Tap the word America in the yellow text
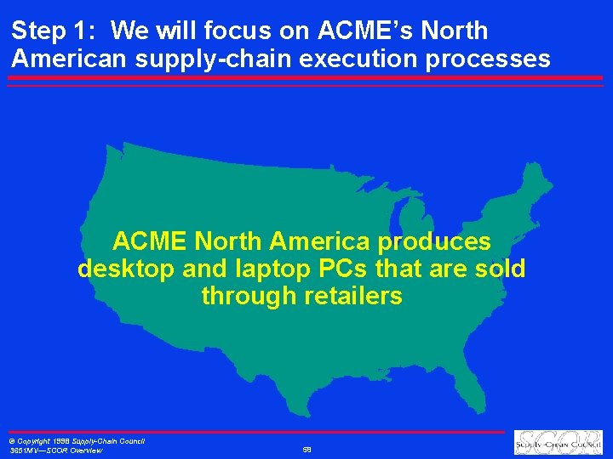pyautogui.click(x=310, y=242)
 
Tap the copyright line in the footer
pyautogui.click(x=77, y=440)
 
